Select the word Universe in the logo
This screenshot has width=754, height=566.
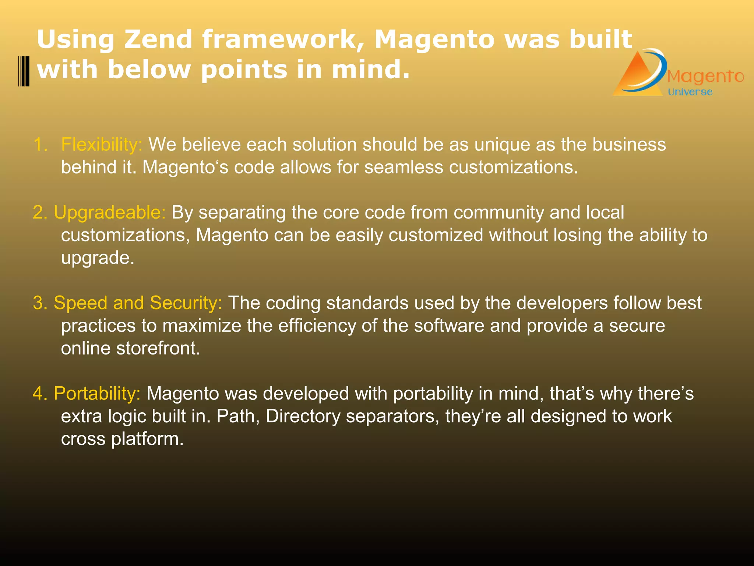(690, 92)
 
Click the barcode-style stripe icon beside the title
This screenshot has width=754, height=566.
(24, 71)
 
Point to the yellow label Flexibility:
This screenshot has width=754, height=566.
(102, 144)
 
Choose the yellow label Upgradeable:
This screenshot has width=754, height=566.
(110, 212)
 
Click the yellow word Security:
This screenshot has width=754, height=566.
(186, 303)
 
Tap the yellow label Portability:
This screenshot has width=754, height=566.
(97, 393)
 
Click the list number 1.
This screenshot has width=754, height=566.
(40, 144)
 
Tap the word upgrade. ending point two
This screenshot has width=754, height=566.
(98, 258)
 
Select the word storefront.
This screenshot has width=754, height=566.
(158, 348)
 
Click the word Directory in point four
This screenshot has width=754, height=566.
(303, 416)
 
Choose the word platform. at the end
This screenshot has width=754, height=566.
(147, 439)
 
